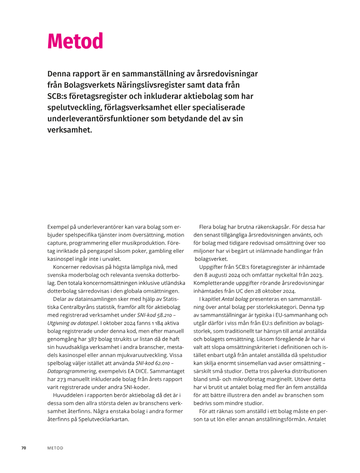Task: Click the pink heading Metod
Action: tap(75, 41)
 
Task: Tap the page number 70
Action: tap(24, 448)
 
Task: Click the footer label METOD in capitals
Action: tap(55, 448)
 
